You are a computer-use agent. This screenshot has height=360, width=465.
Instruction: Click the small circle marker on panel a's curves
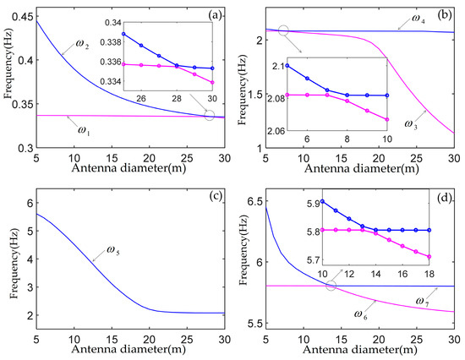tap(210, 114)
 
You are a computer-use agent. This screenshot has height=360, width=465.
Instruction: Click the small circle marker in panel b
tap(283, 30)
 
